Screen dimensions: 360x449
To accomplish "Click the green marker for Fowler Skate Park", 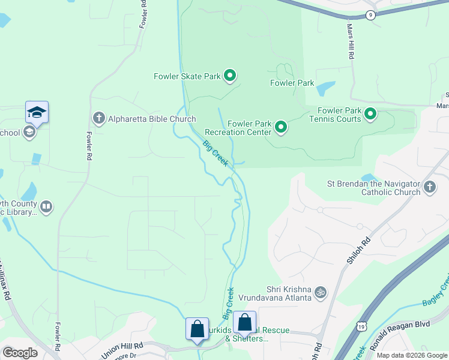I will pos(229,76).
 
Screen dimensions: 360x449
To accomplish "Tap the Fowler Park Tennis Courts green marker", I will pos(370,113).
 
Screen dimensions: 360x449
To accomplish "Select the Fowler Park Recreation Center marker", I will pos(280,127).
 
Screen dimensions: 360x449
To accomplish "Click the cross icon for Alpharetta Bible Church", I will pos(98,118).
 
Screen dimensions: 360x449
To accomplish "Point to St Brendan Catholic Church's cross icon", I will pos(429,187).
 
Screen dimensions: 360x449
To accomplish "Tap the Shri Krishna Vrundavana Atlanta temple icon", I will pos(321,292).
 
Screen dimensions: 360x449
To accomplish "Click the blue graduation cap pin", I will pos(37,112).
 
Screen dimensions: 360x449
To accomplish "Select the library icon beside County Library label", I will pos(46,207).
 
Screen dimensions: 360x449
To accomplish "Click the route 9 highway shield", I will pos(371,15).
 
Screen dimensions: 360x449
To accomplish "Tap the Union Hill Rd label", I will pos(122,350).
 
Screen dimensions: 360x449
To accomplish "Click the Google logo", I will pos(20,353).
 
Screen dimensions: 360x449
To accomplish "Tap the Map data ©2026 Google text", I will pos(411,355).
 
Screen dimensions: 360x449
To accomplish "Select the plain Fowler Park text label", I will pos(292,83).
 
